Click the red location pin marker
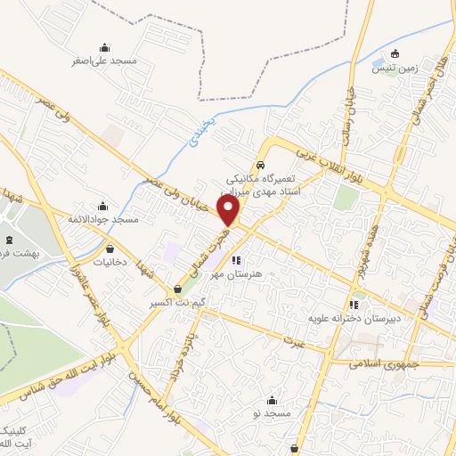point(230,211)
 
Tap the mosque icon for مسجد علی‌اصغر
point(105,48)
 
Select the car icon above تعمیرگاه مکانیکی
point(260,165)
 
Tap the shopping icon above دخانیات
point(110,249)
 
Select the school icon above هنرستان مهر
point(236,261)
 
